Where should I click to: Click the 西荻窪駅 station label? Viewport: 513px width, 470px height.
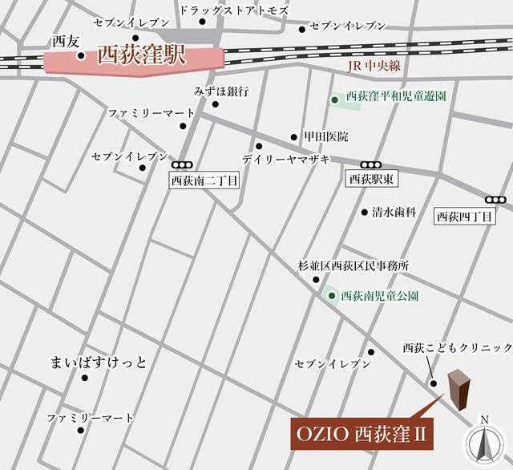pos(141,56)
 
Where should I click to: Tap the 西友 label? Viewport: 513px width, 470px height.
pos(63,40)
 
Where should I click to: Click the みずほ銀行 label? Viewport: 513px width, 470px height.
pos(221,91)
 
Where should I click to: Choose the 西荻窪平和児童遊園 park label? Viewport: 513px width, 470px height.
pos(395,96)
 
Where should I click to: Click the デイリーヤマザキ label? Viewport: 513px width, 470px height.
pos(285,160)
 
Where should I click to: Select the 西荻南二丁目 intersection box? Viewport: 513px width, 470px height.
pos(205,181)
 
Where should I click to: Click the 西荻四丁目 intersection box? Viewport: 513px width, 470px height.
pos(465,216)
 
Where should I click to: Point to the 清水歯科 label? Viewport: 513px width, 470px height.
pos(394,213)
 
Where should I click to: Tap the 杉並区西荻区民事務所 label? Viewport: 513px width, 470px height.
pos(353,265)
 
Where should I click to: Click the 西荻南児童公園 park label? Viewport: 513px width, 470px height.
pos(380,295)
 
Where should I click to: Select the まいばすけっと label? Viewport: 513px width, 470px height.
pos(99,362)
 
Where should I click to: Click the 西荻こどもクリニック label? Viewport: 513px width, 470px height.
pos(457,347)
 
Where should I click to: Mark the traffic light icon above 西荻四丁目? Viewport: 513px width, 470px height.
pos(495,199)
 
